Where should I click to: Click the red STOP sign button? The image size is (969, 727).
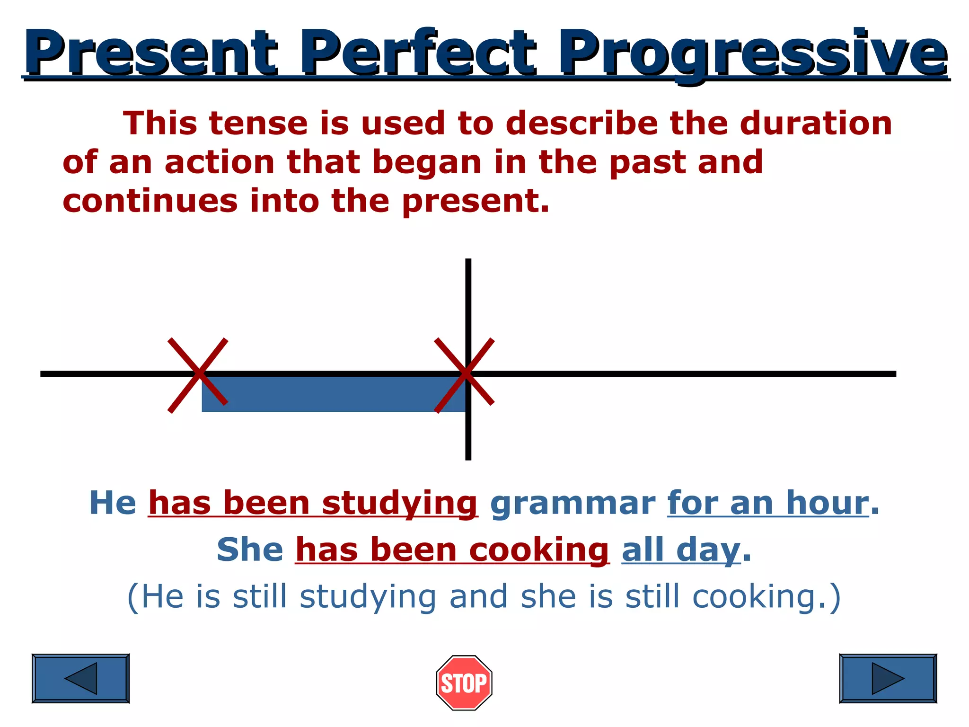464,683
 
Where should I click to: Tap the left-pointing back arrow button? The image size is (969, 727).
80,678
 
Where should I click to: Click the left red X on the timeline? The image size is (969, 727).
198,374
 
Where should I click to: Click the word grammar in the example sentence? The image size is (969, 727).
573,503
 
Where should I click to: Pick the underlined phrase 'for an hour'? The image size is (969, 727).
768,503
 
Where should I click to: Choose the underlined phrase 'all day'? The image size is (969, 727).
680,550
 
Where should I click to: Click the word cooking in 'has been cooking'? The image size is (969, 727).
538,550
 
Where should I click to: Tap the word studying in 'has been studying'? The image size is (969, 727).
399,504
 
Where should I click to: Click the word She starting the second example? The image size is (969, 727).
250,550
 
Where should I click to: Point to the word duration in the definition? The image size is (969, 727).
816,123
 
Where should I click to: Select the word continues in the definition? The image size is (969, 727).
150,201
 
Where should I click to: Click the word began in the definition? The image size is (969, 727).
427,162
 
